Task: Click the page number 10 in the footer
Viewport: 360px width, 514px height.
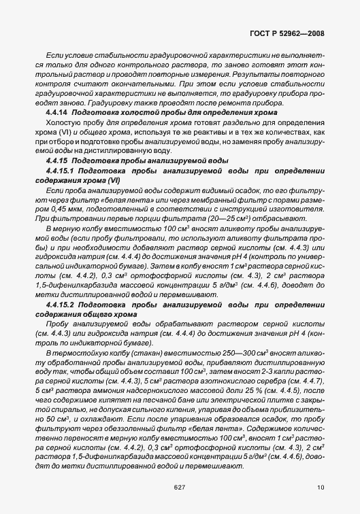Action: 321,487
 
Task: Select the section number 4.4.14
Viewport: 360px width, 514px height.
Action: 56,109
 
